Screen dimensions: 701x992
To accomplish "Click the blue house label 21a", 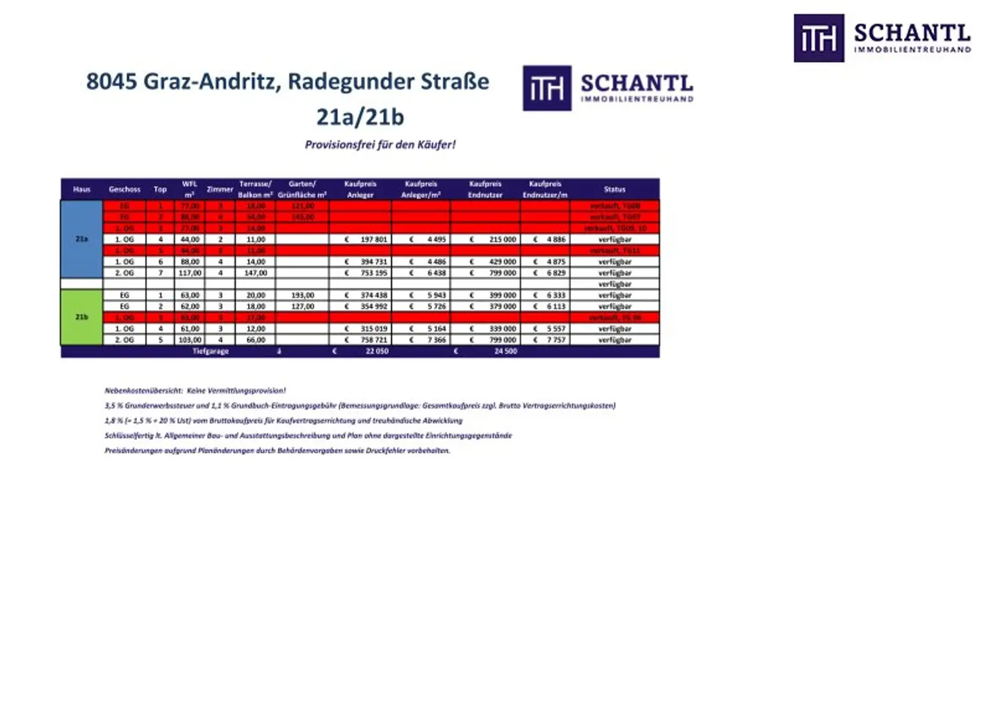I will click(81, 239).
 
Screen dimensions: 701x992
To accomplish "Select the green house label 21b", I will click(81, 317).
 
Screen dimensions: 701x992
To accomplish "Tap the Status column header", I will click(614, 189).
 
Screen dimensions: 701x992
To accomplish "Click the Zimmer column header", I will click(220, 189).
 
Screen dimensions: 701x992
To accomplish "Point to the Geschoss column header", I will click(125, 189).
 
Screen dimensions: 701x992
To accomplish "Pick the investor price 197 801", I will click(373, 240).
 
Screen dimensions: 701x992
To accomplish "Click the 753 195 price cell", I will click(373, 273).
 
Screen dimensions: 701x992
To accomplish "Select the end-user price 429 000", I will click(502, 262).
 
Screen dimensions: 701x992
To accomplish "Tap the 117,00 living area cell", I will click(190, 273).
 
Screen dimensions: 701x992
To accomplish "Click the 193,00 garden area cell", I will click(302, 295).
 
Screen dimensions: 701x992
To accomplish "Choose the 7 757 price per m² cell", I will click(555, 340).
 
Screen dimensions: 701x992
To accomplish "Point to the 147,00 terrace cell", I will click(256, 273).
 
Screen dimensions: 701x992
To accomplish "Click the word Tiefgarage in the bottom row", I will click(211, 351).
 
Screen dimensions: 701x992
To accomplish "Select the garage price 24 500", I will click(505, 351).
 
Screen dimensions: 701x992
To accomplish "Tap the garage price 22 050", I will click(377, 351).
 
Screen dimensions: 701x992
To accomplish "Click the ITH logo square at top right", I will click(818, 38).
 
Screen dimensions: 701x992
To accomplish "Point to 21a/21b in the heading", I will click(360, 117).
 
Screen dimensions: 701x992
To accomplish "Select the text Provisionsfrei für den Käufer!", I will click(380, 145).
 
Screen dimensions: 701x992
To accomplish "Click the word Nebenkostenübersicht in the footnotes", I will click(143, 391).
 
